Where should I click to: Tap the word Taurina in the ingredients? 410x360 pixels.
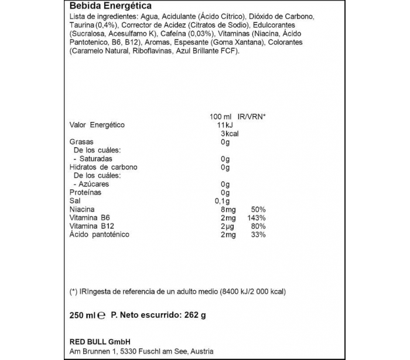[81, 26]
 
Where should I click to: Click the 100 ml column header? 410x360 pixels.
[220, 117]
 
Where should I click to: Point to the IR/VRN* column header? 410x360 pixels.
[251, 117]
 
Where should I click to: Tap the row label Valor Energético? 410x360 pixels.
[97, 125]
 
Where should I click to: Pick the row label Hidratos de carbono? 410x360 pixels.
[104, 167]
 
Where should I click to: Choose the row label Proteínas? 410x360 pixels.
[86, 192]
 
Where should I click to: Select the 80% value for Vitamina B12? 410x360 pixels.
[258, 226]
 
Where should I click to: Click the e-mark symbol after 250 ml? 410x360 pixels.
[101, 315]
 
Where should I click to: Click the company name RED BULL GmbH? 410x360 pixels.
[99, 342]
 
